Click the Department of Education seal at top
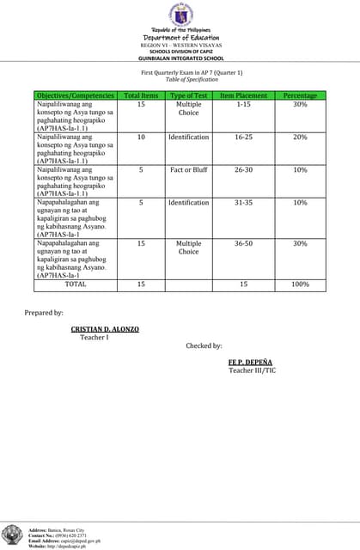[180, 15]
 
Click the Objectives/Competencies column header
[76, 95]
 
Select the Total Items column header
[141, 95]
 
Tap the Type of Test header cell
[188, 95]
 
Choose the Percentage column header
[300, 95]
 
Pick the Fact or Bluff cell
[188, 170]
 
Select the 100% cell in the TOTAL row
[300, 284]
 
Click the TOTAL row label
[76, 284]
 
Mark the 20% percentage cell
[300, 137]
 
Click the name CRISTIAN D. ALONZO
[105, 329]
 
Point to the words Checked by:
[204, 345]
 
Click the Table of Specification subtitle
[180, 79]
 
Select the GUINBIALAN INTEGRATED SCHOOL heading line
[180, 58]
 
